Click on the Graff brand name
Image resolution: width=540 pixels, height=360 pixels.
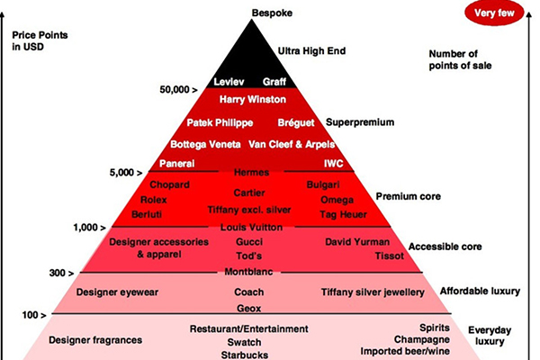coord(274,82)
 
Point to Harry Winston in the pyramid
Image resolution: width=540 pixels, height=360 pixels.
coord(253,99)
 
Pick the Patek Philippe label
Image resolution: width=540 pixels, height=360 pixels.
coord(220,122)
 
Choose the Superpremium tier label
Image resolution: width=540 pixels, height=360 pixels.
coord(355,122)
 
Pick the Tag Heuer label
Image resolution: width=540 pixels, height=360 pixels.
coord(342,215)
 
